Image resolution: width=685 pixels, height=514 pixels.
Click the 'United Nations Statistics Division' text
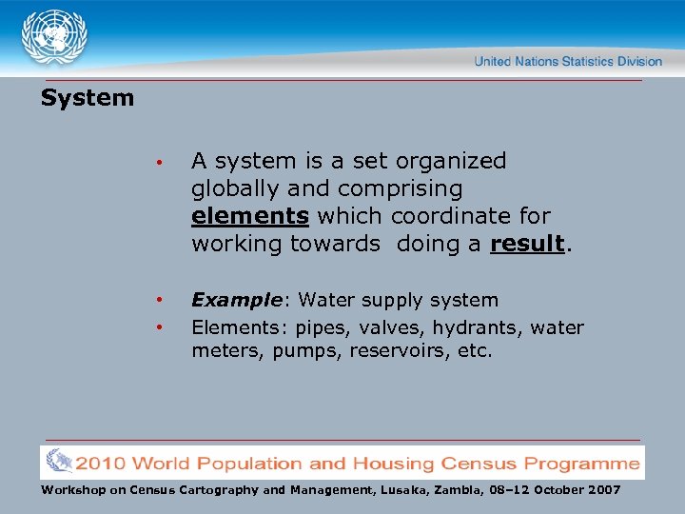click(568, 62)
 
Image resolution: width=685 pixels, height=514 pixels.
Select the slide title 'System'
click(88, 98)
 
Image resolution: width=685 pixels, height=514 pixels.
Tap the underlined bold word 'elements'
click(250, 216)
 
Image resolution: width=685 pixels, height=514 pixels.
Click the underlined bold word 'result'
click(527, 244)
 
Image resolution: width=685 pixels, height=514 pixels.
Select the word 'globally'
click(236, 189)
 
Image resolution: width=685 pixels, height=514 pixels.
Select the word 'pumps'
click(297, 351)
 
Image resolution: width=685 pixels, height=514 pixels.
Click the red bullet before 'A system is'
click(164, 163)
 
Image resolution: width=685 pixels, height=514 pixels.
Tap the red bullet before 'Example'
click(164, 301)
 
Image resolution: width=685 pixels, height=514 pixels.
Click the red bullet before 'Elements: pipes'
click(164, 328)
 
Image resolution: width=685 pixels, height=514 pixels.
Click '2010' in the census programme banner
click(100, 464)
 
